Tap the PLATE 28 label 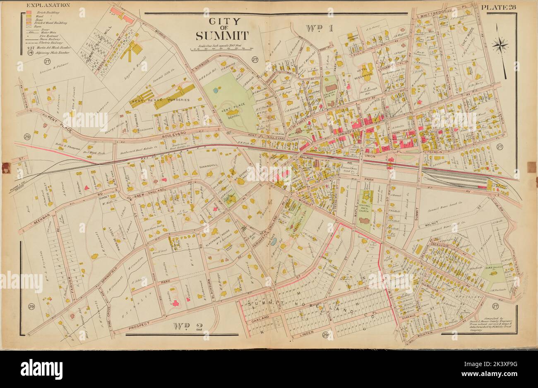click(497, 7)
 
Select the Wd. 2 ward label click(188, 327)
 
